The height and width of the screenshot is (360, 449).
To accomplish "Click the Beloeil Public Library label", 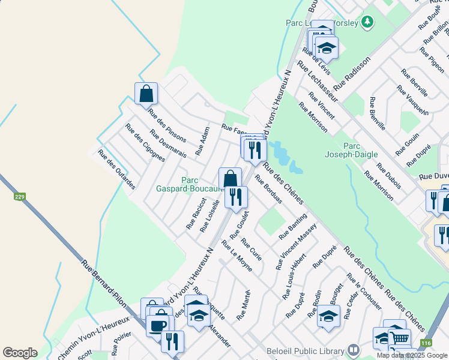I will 308,349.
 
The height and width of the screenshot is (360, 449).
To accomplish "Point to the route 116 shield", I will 426,343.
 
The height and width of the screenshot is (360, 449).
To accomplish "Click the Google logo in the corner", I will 20,353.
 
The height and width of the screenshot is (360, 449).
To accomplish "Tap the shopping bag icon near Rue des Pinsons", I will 146,94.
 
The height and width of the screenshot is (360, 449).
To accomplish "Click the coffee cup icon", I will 158,326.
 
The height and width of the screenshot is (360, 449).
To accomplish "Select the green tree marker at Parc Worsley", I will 367,23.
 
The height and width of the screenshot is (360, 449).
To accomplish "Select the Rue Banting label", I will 293,227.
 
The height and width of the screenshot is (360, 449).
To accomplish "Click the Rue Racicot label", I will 196,213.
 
